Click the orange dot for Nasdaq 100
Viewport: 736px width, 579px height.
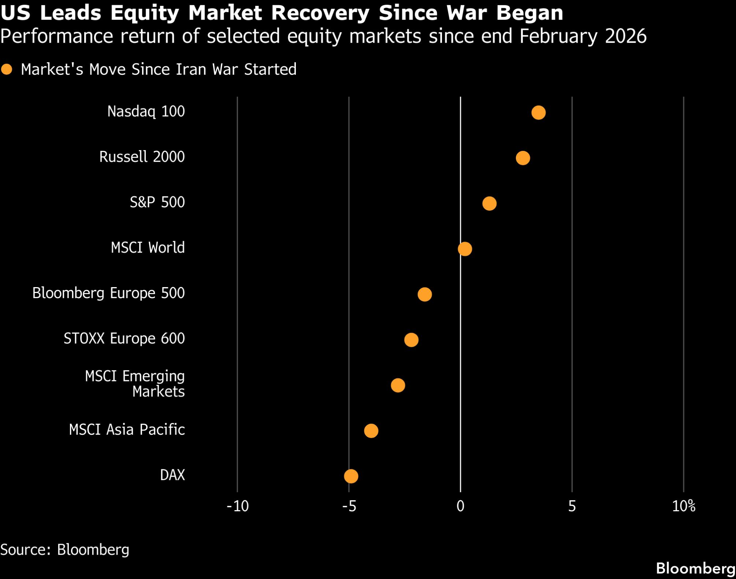538,112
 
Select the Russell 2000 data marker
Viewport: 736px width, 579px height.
523,158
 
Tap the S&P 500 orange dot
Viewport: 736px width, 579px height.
489,203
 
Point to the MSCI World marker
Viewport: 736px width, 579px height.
465,249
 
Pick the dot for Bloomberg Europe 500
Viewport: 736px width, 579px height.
425,294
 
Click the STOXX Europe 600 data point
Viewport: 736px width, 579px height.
411,340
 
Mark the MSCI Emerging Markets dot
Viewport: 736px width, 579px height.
398,385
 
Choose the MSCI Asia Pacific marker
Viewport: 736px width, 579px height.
371,431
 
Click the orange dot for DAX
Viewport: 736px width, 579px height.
351,476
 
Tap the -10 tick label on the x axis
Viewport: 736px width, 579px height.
238,506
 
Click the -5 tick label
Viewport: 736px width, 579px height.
349,506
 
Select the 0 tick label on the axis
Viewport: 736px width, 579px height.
460,506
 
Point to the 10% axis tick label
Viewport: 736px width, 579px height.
684,506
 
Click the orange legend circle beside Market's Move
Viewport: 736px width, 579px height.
7,69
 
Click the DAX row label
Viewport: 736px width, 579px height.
172,475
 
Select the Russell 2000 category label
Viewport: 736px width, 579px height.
142,157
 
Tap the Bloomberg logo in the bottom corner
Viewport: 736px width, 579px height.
696,568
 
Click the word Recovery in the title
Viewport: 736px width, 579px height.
320,13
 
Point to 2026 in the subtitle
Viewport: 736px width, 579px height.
626,36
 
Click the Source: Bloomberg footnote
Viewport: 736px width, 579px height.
65,550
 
